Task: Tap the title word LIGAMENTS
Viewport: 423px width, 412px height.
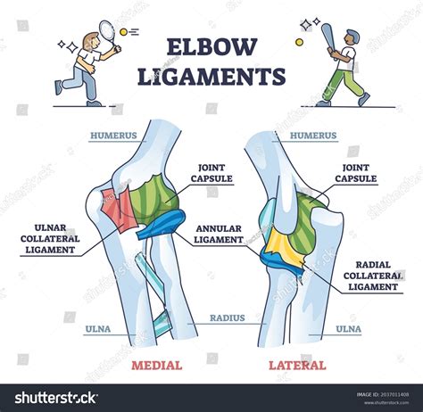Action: (211, 76)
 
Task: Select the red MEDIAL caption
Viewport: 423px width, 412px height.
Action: (156, 365)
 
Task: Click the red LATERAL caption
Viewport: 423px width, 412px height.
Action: (297, 365)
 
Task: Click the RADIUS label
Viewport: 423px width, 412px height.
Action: (228, 317)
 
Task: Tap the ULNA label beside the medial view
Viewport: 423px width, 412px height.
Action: (97, 328)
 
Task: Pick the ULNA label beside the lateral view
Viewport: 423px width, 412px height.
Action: (348, 328)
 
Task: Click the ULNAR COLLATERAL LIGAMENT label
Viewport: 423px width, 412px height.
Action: (49, 238)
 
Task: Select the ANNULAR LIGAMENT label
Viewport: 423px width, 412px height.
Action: (219, 233)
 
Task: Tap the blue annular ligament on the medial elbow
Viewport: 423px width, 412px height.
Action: (161, 228)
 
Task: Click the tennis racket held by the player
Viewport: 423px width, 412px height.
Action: (106, 34)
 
